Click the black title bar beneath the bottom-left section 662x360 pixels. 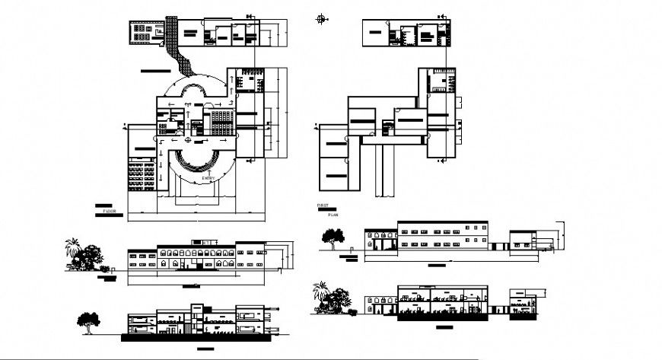click(205, 348)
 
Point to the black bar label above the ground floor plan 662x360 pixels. click(155, 70)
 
